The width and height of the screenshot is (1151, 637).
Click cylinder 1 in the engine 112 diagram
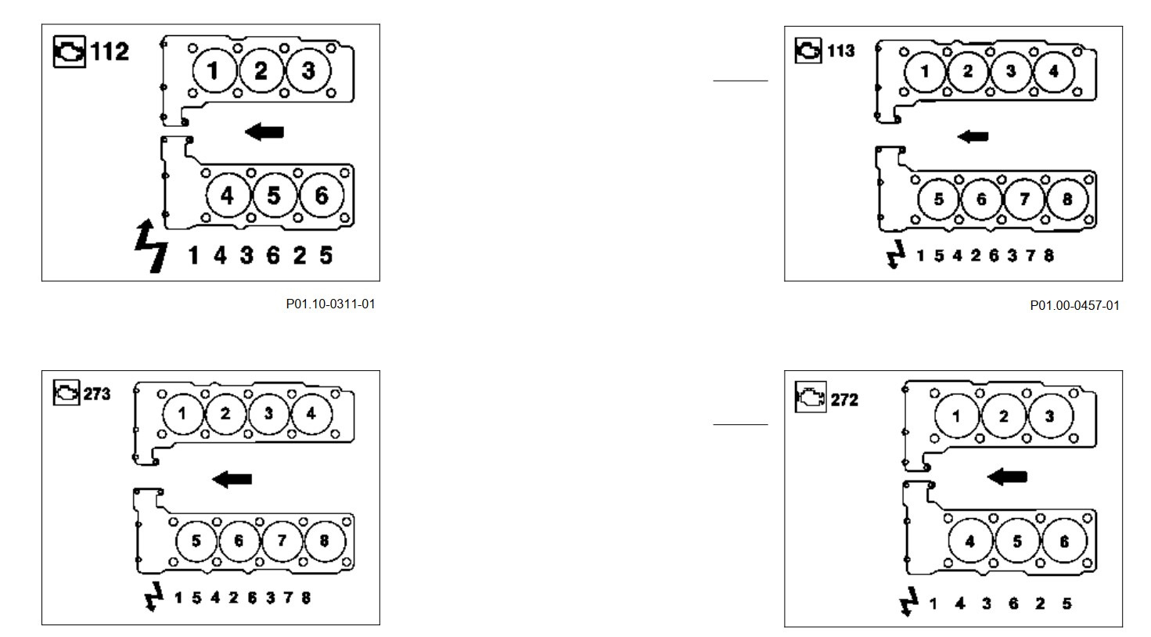pyautogui.click(x=213, y=70)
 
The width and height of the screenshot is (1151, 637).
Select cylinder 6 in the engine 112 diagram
pyautogui.click(x=321, y=195)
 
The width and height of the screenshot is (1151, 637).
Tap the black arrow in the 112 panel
pyautogui.click(x=264, y=131)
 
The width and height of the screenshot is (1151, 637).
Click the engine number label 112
pyautogui.click(x=110, y=52)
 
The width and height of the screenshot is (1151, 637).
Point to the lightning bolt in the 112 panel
pyautogui.click(x=151, y=247)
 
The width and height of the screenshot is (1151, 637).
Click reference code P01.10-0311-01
pyautogui.click(x=330, y=304)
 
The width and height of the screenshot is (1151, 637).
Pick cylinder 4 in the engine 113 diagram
pyautogui.click(x=1053, y=71)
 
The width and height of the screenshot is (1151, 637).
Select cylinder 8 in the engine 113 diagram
pyautogui.click(x=1066, y=199)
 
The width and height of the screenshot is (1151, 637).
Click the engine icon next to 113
pyautogui.click(x=808, y=51)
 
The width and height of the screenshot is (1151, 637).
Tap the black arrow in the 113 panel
pyautogui.click(x=973, y=136)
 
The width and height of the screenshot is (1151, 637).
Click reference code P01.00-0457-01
pyautogui.click(x=1074, y=305)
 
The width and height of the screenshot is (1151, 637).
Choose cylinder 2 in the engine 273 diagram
pyautogui.click(x=225, y=412)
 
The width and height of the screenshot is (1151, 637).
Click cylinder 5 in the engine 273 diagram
pyautogui.click(x=196, y=541)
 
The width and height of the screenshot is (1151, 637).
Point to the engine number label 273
pyautogui.click(x=97, y=394)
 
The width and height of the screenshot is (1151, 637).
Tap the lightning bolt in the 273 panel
pyautogui.click(x=154, y=596)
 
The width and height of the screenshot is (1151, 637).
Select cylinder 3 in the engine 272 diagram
pyautogui.click(x=1050, y=416)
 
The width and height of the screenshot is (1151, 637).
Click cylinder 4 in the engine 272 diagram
pyautogui.click(x=970, y=542)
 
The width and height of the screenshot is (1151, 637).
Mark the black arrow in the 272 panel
pyautogui.click(x=1008, y=476)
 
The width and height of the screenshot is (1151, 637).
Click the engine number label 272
pyautogui.click(x=844, y=400)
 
